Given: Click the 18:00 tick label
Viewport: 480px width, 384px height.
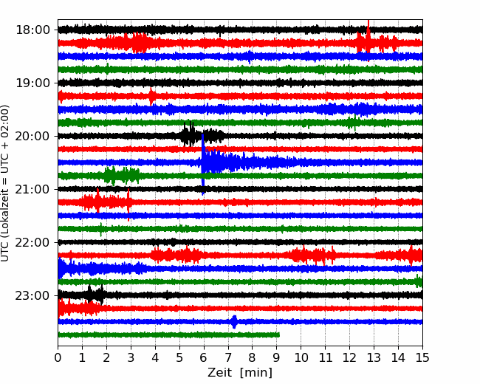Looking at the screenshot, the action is (x=32, y=30).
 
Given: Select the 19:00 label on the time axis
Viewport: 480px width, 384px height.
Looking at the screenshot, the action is (x=32, y=83).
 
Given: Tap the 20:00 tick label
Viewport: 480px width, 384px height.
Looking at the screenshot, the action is (x=32, y=136).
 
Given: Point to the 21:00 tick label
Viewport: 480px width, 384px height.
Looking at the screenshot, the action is (x=32, y=189).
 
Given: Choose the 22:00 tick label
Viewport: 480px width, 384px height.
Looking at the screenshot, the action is (x=32, y=242).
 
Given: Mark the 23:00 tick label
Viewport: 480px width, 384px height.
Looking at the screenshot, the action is (x=32, y=296).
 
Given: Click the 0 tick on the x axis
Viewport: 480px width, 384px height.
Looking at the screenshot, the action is (x=58, y=357).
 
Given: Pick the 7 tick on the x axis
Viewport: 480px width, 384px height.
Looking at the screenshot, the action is (x=228, y=357).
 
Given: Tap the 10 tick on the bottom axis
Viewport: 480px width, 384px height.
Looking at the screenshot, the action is (x=301, y=357).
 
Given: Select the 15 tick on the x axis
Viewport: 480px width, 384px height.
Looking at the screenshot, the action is (x=422, y=357).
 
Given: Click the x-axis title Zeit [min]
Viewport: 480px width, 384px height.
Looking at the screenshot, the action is (x=240, y=373).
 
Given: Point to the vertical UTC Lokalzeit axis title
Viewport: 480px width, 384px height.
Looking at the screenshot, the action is (x=4, y=183).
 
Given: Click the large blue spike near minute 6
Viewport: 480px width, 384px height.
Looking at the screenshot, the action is (x=202, y=164).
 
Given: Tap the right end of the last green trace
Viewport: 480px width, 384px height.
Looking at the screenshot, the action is (x=279, y=335).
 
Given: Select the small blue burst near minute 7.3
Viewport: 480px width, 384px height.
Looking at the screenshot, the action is (x=234, y=322).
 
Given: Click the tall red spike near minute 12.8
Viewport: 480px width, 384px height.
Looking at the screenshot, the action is (x=368, y=41).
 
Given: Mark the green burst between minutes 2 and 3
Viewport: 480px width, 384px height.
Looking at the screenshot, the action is (x=122, y=176).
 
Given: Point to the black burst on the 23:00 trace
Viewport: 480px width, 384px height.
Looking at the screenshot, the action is (x=95, y=295).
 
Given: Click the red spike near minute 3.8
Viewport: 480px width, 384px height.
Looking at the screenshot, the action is (x=151, y=97).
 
